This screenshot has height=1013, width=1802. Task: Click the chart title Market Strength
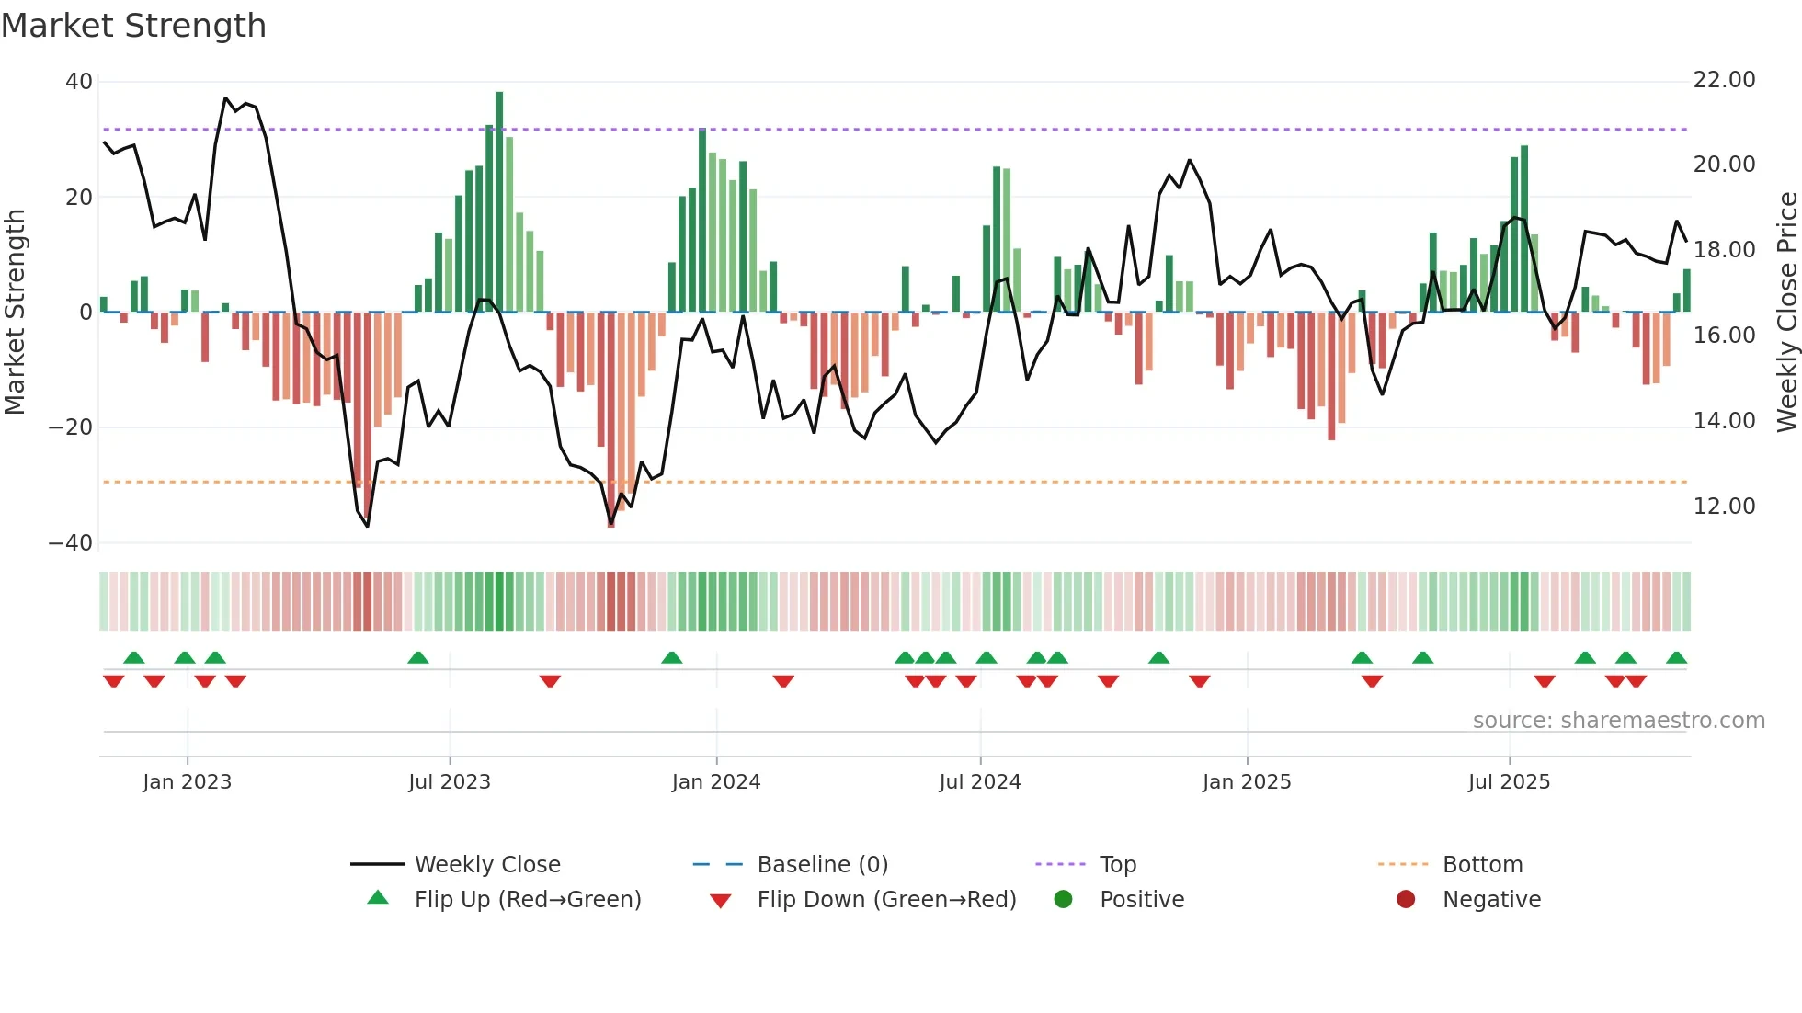[x=133, y=26]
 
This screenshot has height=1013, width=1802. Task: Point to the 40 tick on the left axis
[x=79, y=82]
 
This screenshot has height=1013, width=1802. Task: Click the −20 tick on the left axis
[x=71, y=427]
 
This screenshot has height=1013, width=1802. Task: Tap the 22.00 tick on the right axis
[x=1724, y=80]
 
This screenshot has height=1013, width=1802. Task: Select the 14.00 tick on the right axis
[x=1724, y=421]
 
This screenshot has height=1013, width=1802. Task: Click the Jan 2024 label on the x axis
[x=716, y=782]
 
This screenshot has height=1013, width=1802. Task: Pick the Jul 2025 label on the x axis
[x=1509, y=782]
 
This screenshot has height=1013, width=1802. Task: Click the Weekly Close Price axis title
[x=1786, y=313]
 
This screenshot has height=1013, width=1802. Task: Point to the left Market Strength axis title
[x=16, y=313]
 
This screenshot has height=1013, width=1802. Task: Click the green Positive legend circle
[x=1063, y=900]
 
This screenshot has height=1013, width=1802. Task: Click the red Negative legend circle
[x=1406, y=900]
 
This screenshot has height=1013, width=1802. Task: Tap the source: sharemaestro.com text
[x=1618, y=721]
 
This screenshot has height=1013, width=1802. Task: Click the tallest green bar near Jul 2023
[x=499, y=202]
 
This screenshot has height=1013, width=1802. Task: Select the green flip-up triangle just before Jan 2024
[x=672, y=657]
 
